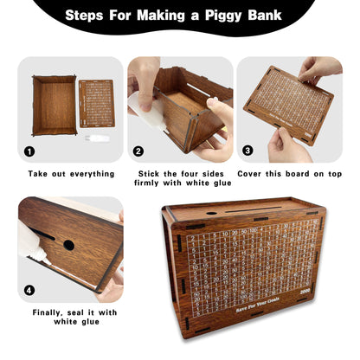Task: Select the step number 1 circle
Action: (30, 151)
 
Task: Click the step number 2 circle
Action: (138, 151)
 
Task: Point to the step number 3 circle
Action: (247, 151)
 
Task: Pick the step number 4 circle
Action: (30, 291)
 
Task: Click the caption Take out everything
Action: (70, 173)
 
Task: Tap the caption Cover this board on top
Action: (290, 173)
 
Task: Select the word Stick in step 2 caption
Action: (148, 173)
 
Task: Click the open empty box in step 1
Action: (54, 105)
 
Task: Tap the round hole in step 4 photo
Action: (68, 245)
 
